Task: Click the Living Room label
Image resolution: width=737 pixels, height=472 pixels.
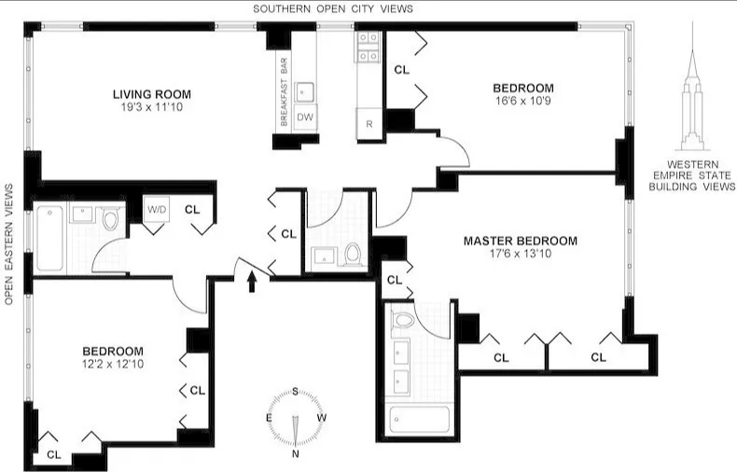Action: (x=151, y=94)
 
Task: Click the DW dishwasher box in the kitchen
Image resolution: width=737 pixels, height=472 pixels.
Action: (x=305, y=118)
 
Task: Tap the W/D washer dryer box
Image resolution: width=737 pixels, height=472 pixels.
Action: (x=156, y=210)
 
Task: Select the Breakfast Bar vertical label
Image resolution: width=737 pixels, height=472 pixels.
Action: (x=282, y=92)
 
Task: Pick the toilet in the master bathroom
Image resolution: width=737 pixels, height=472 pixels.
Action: (x=404, y=321)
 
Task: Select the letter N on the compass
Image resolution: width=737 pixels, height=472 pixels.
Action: (x=296, y=454)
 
